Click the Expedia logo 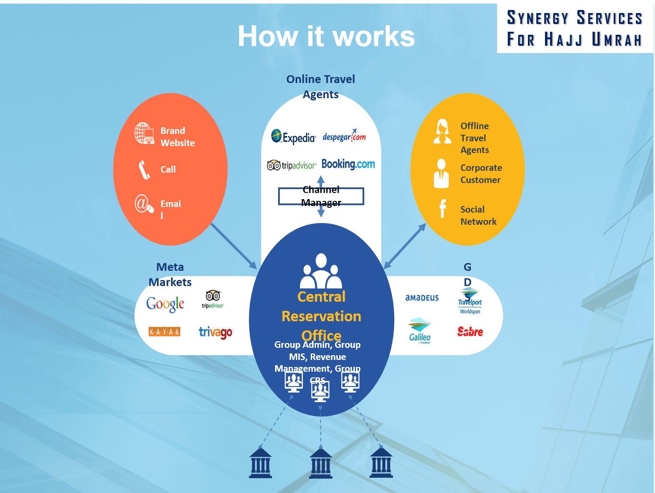[x=293, y=137]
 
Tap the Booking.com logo [x=348, y=164]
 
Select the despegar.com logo [x=344, y=137]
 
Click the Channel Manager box [x=321, y=196]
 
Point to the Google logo [x=165, y=304]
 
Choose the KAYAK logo [x=165, y=332]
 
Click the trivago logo [x=216, y=333]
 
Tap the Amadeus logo [x=422, y=298]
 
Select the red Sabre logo [x=470, y=332]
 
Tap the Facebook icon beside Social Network [x=443, y=209]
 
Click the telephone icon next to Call [x=144, y=170]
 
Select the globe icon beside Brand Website [x=144, y=133]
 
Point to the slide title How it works [x=326, y=36]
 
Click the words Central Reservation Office [x=321, y=316]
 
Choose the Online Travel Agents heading [x=321, y=87]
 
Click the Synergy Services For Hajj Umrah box [x=574, y=28]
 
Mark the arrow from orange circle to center [x=234, y=246]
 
